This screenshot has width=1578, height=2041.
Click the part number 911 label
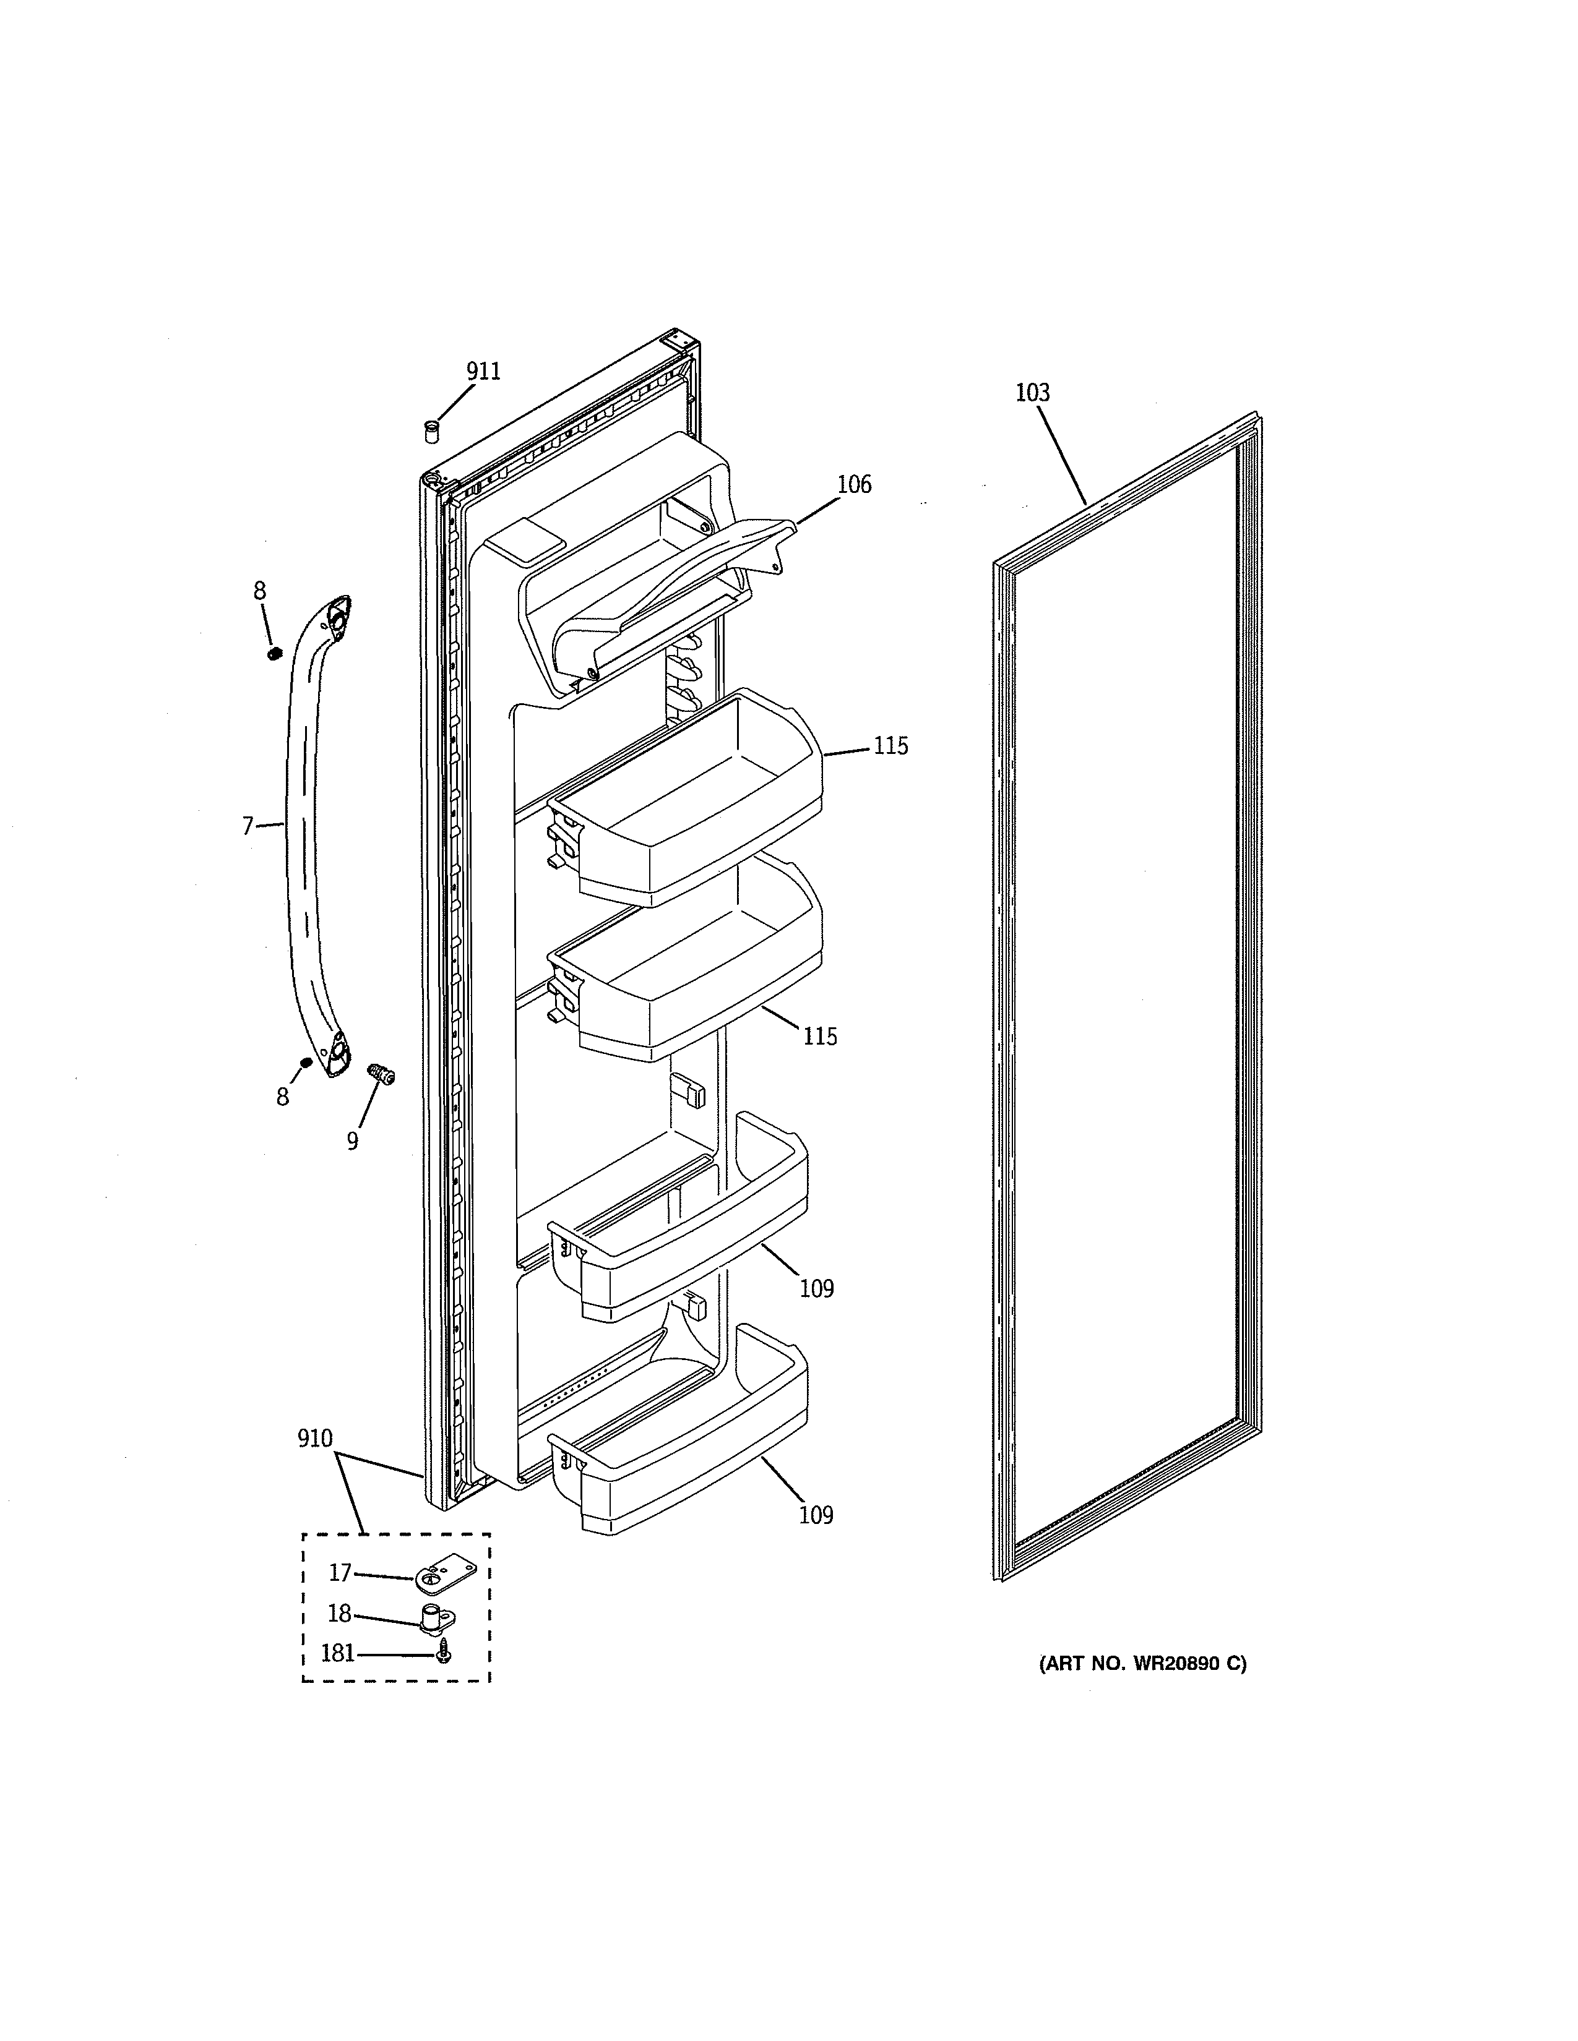click(483, 371)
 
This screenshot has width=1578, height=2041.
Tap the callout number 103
click(1032, 393)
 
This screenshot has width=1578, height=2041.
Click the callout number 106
click(853, 484)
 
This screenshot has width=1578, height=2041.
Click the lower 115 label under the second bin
click(820, 1037)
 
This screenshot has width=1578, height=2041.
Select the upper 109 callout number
click(816, 1289)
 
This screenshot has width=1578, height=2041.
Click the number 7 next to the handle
click(248, 826)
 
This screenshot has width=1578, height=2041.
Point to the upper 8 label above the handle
click(259, 591)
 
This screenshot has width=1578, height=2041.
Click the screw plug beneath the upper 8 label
click(275, 653)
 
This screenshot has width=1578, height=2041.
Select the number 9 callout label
click(353, 1141)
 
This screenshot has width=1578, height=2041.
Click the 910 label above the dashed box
click(315, 1438)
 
